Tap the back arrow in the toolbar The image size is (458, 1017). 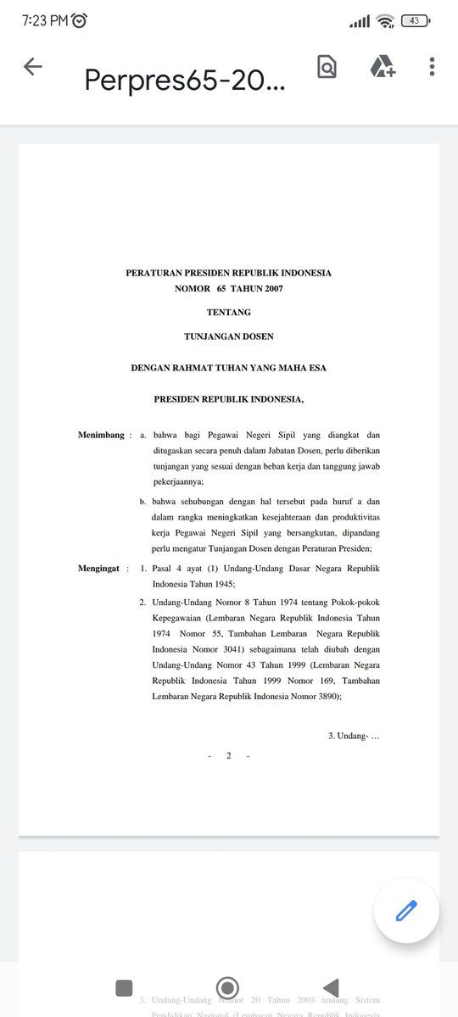tap(33, 67)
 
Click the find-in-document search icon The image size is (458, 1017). tap(327, 67)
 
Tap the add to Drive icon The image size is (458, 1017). tap(383, 67)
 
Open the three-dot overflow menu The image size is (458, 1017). tap(433, 67)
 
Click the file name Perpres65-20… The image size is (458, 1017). tap(184, 79)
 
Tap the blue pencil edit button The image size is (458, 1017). tap(406, 911)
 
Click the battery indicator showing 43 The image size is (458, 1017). tap(416, 20)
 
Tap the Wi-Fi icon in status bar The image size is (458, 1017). tap(385, 20)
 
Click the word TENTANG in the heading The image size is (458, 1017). tap(229, 313)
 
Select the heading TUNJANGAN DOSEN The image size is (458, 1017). tap(229, 336)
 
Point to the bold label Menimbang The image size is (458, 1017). tap(101, 435)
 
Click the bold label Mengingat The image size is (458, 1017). tap(100, 568)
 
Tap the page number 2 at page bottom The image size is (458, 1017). tap(229, 756)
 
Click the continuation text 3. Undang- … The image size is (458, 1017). tap(354, 736)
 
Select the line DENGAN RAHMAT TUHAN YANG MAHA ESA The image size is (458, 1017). tap(229, 368)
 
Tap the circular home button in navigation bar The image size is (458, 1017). tap(226, 987)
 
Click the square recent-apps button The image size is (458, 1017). tap(124, 987)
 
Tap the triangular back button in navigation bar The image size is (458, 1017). tap(331, 987)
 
